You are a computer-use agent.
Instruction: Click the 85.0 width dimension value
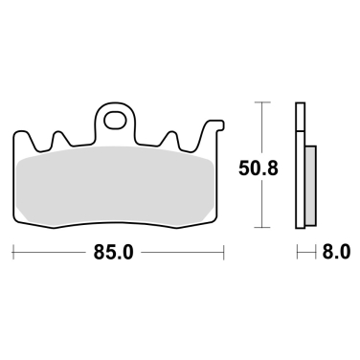(x=113, y=253)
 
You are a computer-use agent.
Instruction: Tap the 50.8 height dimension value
(x=259, y=169)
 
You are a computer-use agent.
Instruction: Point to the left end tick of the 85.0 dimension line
(x=12, y=252)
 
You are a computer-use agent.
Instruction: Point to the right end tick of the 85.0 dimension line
(x=224, y=252)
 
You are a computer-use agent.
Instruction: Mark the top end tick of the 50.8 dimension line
(x=262, y=102)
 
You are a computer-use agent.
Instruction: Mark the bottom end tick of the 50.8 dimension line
(x=262, y=228)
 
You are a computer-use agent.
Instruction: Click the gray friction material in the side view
(x=310, y=185)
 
